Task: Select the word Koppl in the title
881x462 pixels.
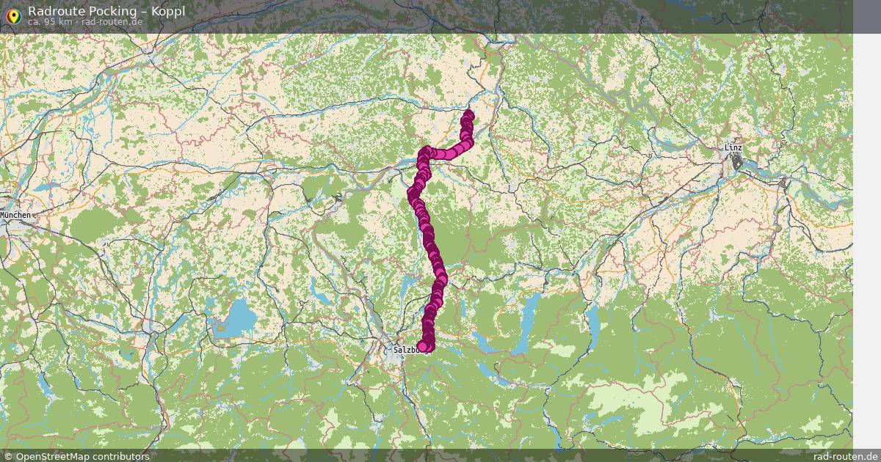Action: click(x=168, y=11)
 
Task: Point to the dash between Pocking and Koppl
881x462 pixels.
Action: click(x=142, y=11)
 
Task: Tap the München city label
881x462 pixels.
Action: click(x=15, y=215)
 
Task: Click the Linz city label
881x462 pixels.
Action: click(x=733, y=148)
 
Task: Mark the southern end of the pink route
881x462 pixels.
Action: click(x=422, y=346)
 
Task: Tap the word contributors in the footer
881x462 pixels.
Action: click(x=123, y=456)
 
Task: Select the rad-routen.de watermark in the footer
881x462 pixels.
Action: click(x=845, y=456)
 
